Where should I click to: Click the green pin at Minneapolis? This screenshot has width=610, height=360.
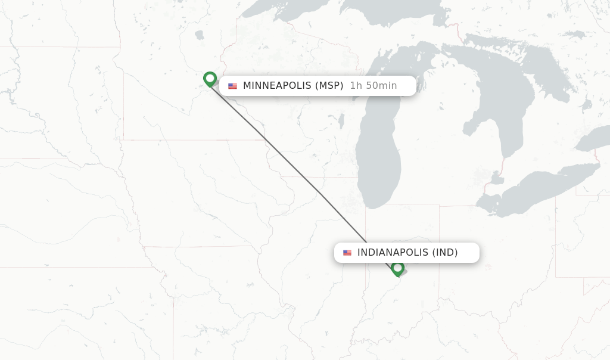[210, 79]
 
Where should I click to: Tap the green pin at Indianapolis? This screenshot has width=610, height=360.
[398, 268]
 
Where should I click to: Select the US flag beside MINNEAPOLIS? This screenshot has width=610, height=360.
[232, 86]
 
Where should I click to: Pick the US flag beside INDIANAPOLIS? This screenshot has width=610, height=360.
[347, 253]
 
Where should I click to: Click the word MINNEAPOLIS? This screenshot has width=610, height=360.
[277, 86]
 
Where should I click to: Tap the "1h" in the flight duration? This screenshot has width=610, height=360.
[356, 86]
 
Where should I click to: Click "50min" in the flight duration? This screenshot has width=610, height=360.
[381, 86]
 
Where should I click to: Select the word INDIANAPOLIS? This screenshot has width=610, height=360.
[393, 253]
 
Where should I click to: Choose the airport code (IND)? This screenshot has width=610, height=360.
[444, 253]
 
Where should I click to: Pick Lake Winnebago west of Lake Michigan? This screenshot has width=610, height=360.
[341, 121]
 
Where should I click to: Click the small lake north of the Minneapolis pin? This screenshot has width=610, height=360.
[199, 35]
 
